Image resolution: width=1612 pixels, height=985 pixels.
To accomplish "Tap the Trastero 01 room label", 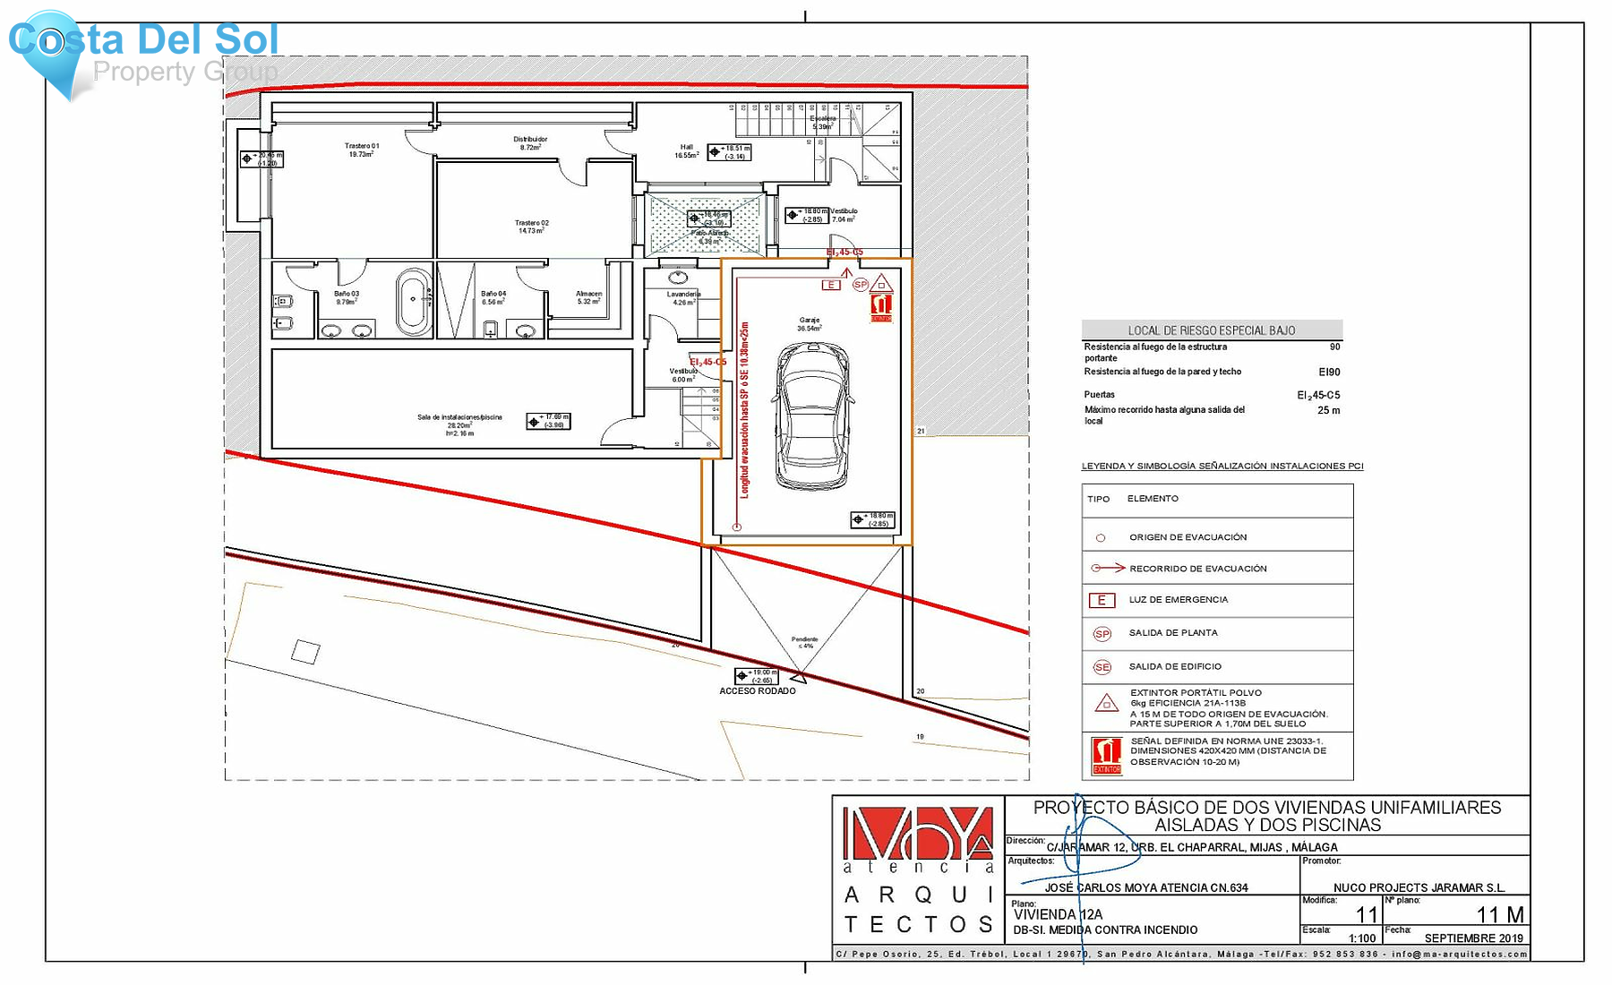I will (362, 150).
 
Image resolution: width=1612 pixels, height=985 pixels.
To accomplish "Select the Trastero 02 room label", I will (531, 227).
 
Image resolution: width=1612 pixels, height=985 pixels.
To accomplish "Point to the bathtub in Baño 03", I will (413, 302).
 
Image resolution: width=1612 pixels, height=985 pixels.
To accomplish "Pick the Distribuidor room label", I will (530, 142).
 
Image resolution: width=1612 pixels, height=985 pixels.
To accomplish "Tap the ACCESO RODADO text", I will (758, 690).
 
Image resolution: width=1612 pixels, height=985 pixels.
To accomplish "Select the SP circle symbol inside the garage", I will (860, 285).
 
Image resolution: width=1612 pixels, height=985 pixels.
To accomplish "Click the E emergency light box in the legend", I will (1102, 600).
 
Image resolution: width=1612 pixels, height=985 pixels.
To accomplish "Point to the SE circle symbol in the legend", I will (1102, 667).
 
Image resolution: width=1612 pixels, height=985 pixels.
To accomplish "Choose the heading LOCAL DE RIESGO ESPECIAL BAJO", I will (1211, 330).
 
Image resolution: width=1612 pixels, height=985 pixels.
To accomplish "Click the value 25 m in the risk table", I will (1328, 410).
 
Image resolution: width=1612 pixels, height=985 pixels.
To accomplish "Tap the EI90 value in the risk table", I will (1329, 372).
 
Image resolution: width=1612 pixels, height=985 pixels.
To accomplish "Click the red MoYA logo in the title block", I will (918, 834).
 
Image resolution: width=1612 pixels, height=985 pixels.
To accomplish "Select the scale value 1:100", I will (1361, 938).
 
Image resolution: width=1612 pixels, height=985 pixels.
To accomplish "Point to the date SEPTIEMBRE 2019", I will (1473, 938).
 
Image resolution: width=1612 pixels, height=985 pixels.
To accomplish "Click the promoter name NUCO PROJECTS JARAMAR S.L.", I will (1419, 887).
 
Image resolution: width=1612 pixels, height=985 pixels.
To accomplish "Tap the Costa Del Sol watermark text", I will (143, 40).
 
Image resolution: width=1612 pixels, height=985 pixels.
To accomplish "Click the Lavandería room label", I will (683, 294).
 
